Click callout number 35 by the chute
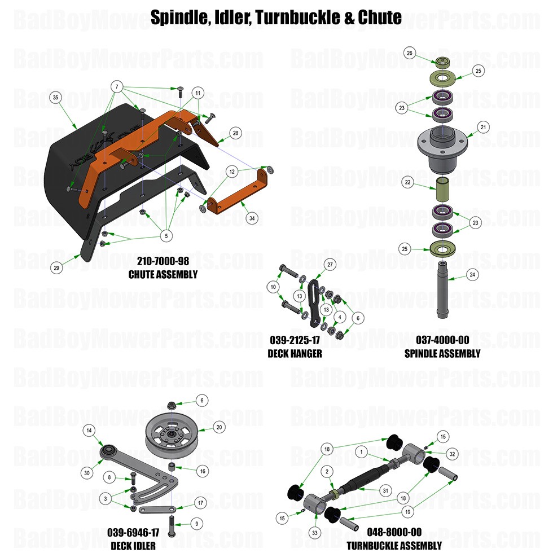click(55, 98)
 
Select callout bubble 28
click(235, 133)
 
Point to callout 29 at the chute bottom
click(56, 268)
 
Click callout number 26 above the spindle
click(410, 54)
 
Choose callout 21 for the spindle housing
click(483, 127)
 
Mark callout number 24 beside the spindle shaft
click(473, 275)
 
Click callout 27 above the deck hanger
click(330, 265)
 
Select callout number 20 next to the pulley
click(219, 428)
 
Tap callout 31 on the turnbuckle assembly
click(385, 490)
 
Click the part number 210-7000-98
click(163, 262)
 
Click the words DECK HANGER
click(295, 354)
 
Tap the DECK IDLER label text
click(134, 545)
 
